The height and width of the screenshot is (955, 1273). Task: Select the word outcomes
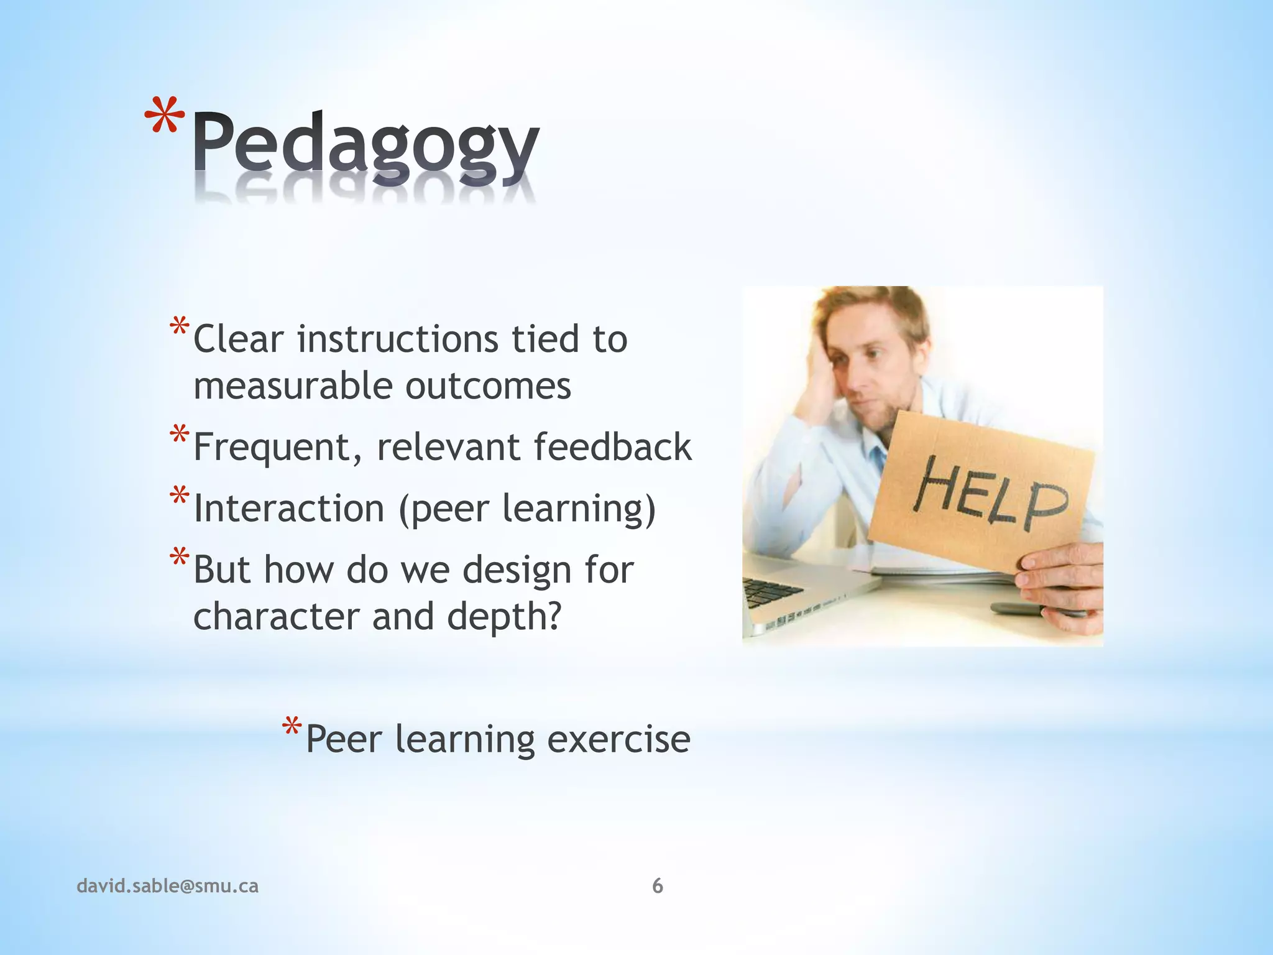(x=488, y=386)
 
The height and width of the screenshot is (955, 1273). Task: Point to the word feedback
(x=612, y=446)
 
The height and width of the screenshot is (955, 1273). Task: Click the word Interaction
(x=289, y=509)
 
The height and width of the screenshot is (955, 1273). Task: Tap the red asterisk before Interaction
(x=179, y=497)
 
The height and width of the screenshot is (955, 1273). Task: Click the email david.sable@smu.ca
(x=167, y=886)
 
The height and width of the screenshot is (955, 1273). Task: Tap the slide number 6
(x=658, y=886)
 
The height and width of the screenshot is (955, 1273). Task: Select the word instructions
(x=398, y=339)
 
